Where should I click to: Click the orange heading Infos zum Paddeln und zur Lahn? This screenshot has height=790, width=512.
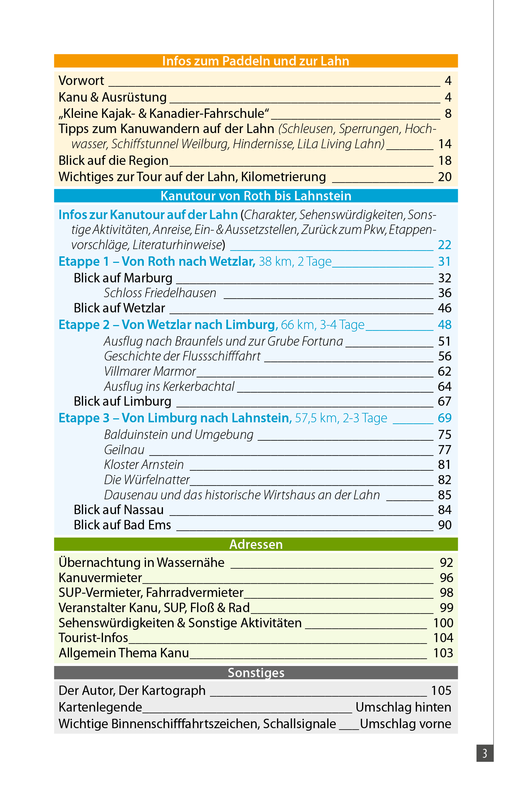coord(255,61)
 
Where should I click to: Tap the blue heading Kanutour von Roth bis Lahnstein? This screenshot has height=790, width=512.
coord(255,196)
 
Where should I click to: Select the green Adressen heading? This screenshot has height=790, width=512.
coord(255,544)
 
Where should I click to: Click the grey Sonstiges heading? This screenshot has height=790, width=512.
coord(255,672)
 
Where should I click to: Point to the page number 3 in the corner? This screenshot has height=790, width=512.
coord(485,753)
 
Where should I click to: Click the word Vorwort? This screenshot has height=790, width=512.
coord(81,81)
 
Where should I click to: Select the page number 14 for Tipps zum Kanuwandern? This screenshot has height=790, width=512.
coord(445,144)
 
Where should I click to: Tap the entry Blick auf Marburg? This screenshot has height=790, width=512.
coord(123,278)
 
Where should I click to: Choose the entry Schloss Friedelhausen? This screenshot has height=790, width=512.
coord(160,293)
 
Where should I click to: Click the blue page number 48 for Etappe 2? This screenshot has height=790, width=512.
coord(445,325)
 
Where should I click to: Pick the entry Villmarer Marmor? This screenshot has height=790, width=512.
coord(150,371)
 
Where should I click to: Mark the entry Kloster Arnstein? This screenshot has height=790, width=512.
coord(144,465)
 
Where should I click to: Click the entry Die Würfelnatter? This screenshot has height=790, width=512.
coord(147,480)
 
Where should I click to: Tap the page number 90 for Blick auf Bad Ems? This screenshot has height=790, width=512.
coord(445,525)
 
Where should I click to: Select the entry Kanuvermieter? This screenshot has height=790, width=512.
coord(100,578)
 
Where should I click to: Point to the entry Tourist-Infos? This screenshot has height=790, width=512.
coord(93,638)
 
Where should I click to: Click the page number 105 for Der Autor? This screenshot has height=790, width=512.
coord(441,691)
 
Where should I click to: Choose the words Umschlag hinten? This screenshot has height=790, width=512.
coord(403,707)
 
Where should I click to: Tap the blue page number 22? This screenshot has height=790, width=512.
coord(445,245)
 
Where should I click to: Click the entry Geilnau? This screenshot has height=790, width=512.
coord(124,450)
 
